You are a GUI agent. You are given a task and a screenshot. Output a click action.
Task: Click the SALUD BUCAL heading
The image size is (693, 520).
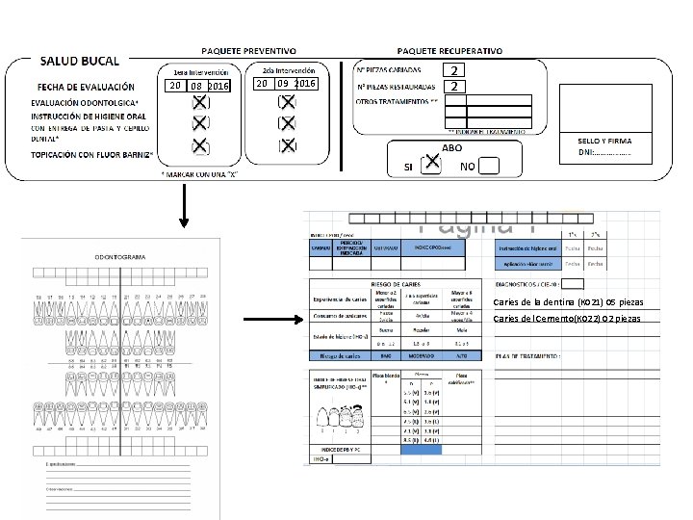coord(79,61)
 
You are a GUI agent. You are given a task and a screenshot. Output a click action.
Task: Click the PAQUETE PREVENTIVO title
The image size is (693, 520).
coord(248,49)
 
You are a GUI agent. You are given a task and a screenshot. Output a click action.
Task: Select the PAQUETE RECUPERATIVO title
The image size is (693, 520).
coord(449,49)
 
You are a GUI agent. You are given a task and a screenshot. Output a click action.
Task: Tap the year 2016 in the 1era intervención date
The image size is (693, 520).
coord(218,87)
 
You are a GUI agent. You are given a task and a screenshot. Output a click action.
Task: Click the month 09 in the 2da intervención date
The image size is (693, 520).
coord(284,85)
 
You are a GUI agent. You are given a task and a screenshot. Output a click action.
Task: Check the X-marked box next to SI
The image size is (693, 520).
coord(431,166)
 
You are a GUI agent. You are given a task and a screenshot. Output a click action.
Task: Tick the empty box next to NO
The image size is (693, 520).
coord(489,166)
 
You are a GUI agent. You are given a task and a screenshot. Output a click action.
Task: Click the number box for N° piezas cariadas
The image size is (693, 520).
coord(458,70)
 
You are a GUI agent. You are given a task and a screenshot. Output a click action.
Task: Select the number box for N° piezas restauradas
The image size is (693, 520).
coord(458,87)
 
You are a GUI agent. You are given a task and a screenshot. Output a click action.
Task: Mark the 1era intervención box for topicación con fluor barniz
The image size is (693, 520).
coord(199,145)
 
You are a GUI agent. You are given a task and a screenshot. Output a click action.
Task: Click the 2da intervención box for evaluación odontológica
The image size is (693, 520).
coord(286,103)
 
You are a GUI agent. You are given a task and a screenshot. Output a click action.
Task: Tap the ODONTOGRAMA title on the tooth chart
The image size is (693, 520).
coord(120,257)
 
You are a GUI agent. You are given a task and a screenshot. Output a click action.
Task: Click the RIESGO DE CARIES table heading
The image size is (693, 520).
coord(398,284)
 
